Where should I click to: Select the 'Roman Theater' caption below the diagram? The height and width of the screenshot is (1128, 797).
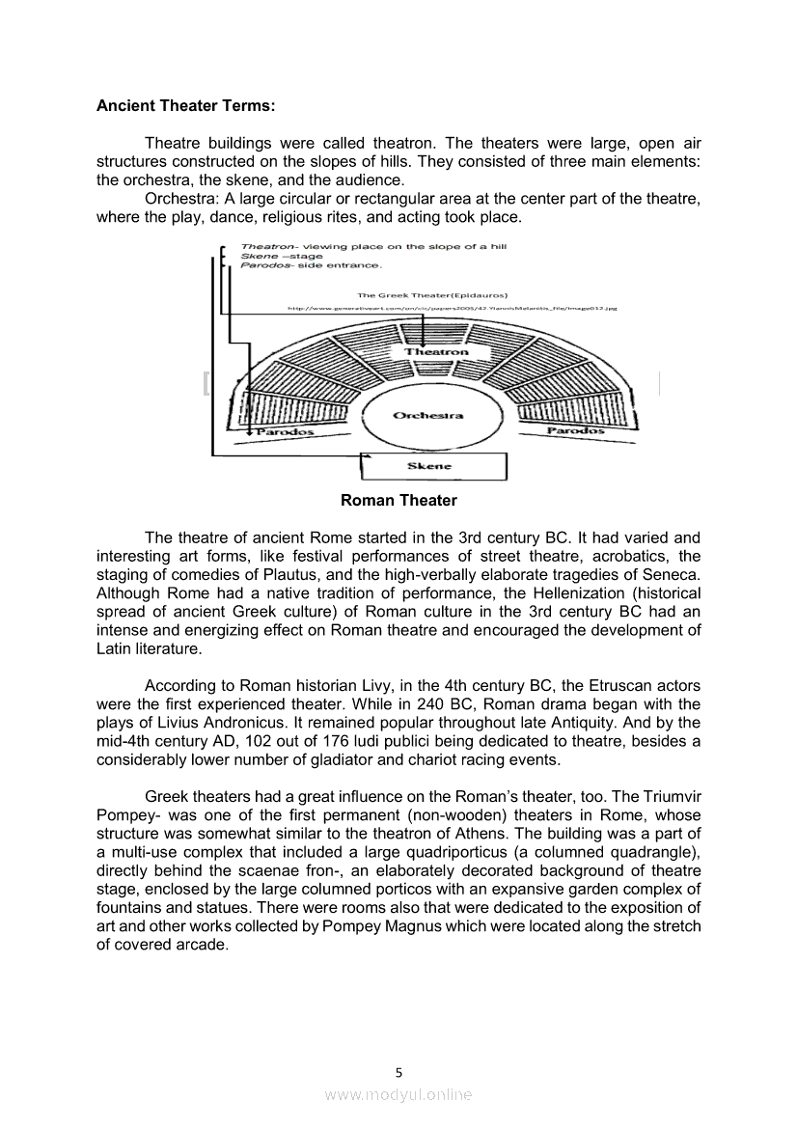(x=398, y=500)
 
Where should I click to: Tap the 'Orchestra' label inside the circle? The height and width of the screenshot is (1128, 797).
(x=427, y=416)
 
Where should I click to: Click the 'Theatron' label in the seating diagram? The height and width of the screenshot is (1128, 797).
(x=436, y=352)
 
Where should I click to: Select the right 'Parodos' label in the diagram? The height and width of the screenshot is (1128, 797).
(x=576, y=430)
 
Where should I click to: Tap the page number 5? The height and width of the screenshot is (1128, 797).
(x=398, y=1072)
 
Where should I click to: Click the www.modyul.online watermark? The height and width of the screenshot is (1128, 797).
(x=398, y=1094)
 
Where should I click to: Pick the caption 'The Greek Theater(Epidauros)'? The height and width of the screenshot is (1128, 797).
(x=432, y=295)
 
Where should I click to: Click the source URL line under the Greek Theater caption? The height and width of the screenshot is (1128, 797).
(x=452, y=308)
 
